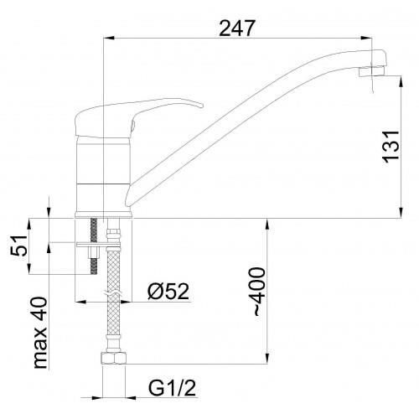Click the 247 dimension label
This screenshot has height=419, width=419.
pyautogui.click(x=237, y=28)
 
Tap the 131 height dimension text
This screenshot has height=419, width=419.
pyautogui.click(x=391, y=146)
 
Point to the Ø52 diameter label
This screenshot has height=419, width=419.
pyautogui.click(x=168, y=291)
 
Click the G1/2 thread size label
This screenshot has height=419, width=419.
pyautogui.click(x=172, y=388)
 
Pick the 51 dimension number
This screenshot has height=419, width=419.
pyautogui.click(x=19, y=246)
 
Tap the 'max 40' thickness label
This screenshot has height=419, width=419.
pyautogui.click(x=39, y=333)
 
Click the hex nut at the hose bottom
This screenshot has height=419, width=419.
pyautogui.click(x=113, y=359)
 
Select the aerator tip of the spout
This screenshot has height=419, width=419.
pyautogui.click(x=371, y=71)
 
